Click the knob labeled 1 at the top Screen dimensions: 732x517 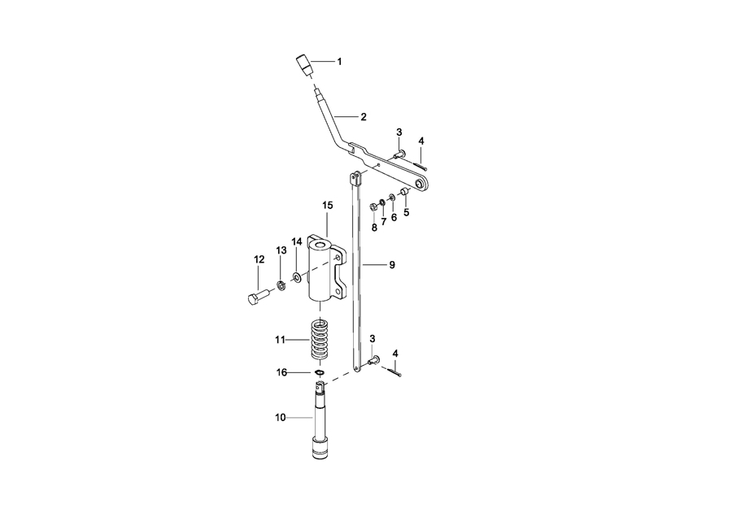tap(305, 67)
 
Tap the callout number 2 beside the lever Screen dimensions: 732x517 tap(364, 117)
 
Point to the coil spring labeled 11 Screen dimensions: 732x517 tap(320, 338)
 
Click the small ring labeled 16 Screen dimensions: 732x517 tap(320, 372)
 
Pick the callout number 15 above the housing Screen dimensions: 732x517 tap(327, 205)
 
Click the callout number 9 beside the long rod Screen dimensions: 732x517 tap(392, 265)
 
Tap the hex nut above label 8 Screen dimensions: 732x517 tap(373, 206)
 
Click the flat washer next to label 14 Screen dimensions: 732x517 tap(297, 278)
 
